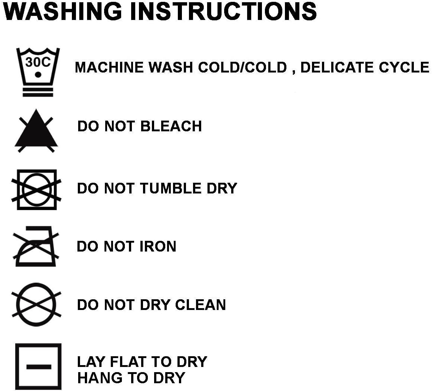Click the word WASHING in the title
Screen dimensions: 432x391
point(63,11)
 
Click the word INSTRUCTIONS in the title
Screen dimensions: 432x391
point(223,11)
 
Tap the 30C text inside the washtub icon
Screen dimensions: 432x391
point(38,62)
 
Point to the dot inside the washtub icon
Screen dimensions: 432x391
point(38,75)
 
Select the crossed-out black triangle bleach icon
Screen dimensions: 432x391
point(36,131)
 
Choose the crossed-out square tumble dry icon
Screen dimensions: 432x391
point(36,190)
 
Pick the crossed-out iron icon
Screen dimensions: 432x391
point(36,246)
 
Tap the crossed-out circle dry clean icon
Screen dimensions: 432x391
point(36,304)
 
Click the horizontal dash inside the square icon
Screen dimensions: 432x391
point(39,367)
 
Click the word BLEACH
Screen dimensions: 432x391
point(171,126)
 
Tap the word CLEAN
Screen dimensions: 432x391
point(200,305)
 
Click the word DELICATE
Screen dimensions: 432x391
point(337,67)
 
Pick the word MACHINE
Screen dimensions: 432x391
point(109,67)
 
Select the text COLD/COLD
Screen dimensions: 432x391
point(242,67)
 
